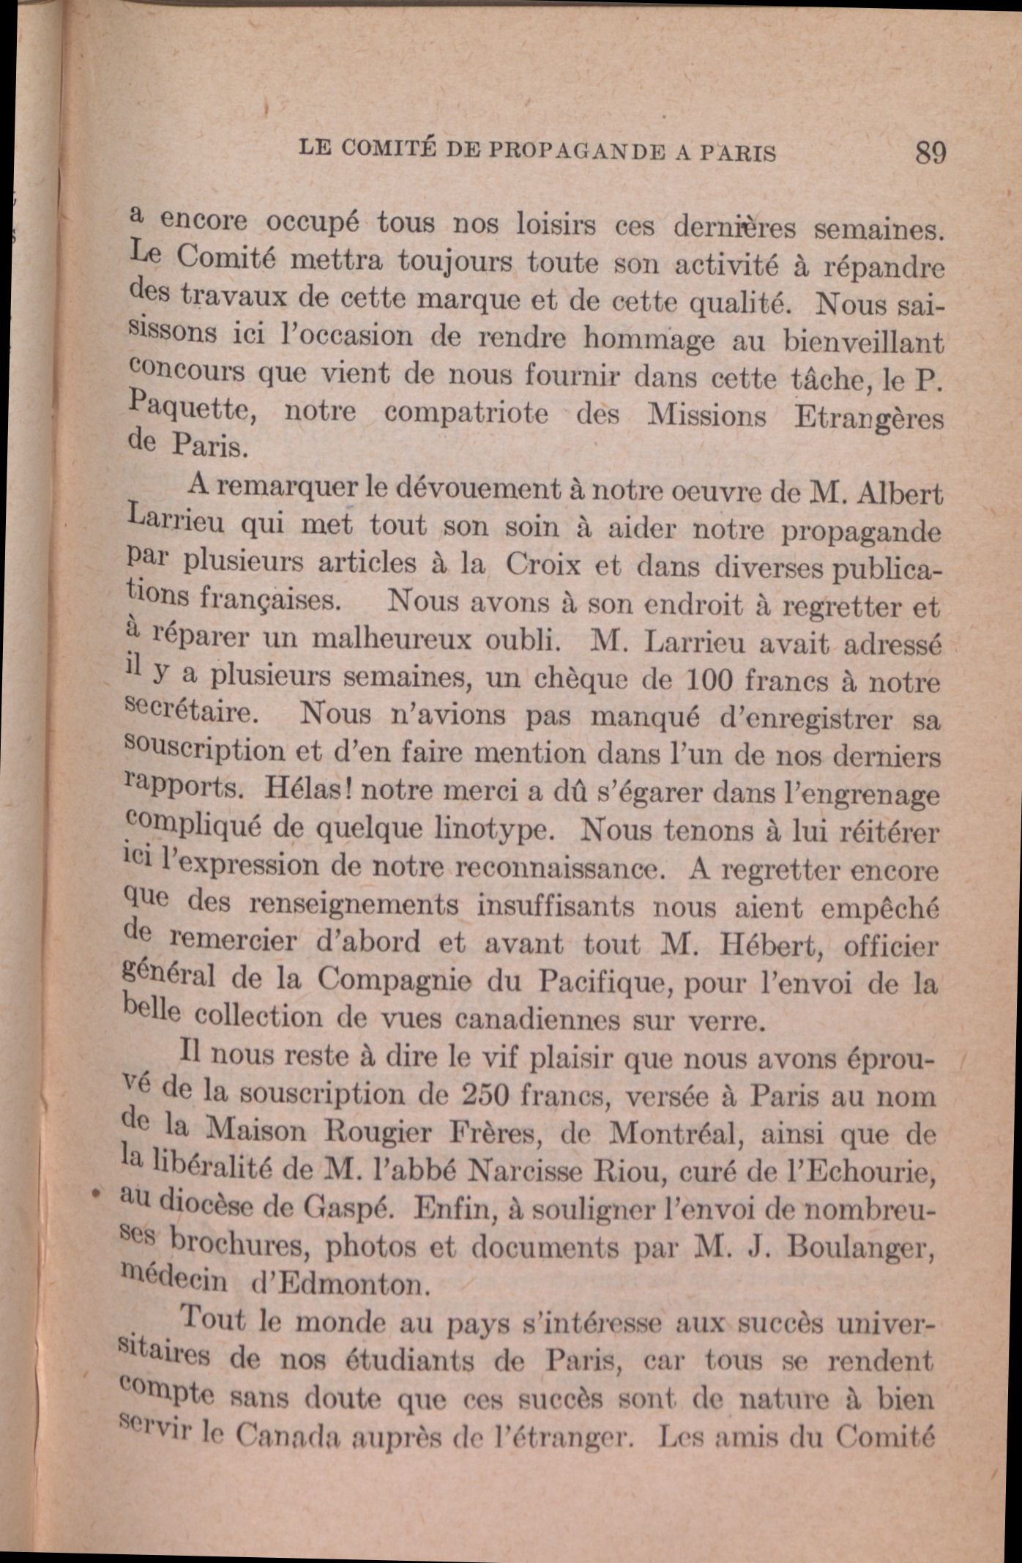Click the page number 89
click(930, 154)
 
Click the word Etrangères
click(868, 419)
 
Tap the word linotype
click(490, 830)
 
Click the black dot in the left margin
click(94, 1192)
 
